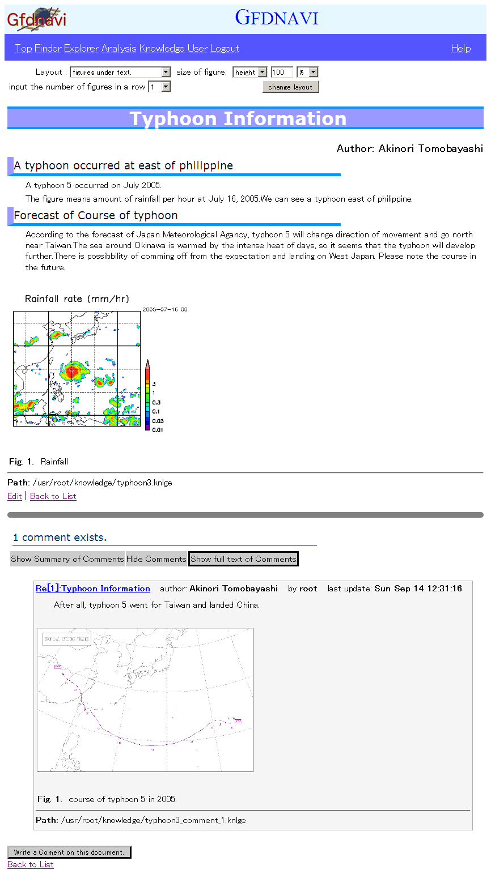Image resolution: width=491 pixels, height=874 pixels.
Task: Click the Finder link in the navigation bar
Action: (x=48, y=48)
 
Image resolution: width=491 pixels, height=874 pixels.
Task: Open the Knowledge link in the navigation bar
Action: (x=162, y=48)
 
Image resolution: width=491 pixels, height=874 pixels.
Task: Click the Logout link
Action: (x=225, y=48)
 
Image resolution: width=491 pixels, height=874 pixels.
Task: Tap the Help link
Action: (x=460, y=48)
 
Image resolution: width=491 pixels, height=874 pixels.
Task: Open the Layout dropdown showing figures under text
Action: (x=121, y=72)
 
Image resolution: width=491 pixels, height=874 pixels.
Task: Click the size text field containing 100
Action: (x=281, y=72)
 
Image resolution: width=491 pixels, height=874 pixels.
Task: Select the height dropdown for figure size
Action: (x=249, y=72)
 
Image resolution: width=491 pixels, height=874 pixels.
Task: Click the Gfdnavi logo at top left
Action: (x=36, y=19)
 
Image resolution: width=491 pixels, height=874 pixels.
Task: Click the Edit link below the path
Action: (x=15, y=496)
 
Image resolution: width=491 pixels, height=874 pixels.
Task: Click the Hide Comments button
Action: (x=156, y=559)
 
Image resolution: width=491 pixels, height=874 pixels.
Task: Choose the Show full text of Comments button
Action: (x=243, y=559)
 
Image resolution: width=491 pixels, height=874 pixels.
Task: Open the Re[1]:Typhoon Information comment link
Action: (x=93, y=589)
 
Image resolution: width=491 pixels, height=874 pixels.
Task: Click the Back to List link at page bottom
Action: (x=31, y=864)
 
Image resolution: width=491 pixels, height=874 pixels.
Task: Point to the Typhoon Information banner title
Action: (x=238, y=118)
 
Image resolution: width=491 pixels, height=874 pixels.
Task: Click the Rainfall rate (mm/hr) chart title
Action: (x=77, y=299)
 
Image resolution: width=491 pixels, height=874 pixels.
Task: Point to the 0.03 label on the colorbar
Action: (x=158, y=421)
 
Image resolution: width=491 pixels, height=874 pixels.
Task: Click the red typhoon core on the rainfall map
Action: (x=72, y=371)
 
